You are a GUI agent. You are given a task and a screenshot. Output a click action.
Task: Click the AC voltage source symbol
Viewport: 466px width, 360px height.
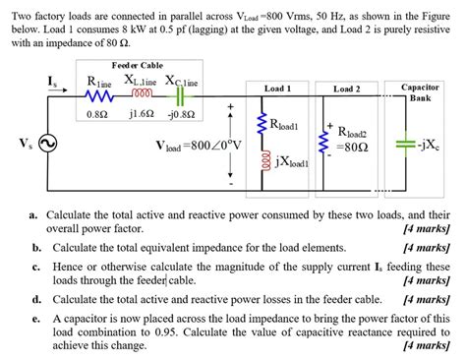click(x=47, y=144)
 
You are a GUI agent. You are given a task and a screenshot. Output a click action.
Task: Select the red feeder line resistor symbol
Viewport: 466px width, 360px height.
click(x=98, y=96)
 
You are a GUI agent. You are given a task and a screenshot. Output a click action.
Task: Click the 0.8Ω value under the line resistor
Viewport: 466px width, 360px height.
click(x=97, y=113)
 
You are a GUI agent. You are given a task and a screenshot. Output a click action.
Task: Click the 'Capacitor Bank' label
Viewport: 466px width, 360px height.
click(x=420, y=92)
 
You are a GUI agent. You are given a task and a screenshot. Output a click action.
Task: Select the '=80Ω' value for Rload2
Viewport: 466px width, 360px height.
click(x=351, y=149)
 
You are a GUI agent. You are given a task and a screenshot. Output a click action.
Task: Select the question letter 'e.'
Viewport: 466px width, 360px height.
click(x=35, y=319)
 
